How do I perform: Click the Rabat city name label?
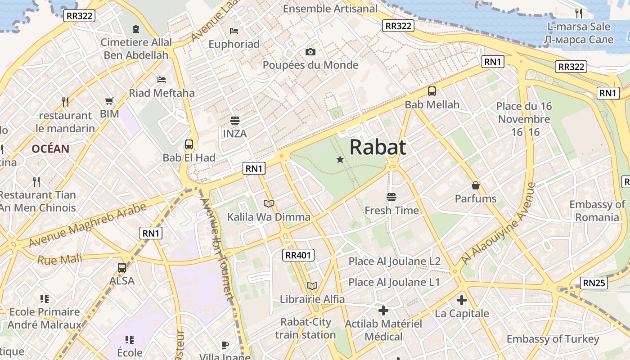click(378, 147)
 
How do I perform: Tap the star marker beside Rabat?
click(340, 159)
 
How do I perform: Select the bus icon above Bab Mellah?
click(432, 91)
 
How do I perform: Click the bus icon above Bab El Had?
click(189, 144)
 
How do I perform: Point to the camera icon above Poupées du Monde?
click(310, 52)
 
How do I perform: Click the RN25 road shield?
click(594, 283)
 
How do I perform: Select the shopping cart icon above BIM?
click(109, 101)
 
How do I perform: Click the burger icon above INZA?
click(234, 121)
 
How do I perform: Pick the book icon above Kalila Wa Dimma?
click(269, 204)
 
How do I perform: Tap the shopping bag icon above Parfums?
click(475, 185)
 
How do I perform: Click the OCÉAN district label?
click(50, 149)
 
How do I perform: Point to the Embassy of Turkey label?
click(553, 339)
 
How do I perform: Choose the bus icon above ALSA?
click(122, 268)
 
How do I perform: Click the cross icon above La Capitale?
click(462, 300)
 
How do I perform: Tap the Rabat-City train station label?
click(306, 328)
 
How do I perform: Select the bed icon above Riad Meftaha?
click(162, 80)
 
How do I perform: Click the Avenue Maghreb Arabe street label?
click(88, 225)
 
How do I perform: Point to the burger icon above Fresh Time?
click(391, 197)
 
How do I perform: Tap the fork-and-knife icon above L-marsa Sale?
click(579, 13)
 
